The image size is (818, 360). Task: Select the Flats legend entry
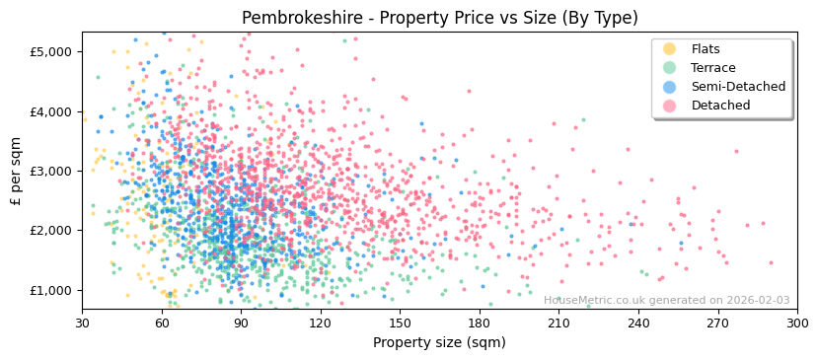click(706, 49)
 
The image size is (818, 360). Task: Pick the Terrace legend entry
click(712, 68)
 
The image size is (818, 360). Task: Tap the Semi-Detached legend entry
click(738, 87)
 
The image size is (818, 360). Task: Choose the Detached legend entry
click(719, 106)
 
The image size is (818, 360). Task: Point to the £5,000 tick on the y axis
click(51, 51)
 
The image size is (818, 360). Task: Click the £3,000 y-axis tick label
click(51, 171)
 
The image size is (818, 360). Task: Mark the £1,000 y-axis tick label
click(51, 290)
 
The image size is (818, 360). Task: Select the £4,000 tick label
click(51, 111)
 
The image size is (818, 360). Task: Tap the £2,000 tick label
click(51, 231)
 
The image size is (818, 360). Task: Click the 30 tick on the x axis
click(82, 323)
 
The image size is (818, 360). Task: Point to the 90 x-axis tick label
click(241, 323)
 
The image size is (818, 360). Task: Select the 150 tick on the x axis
click(400, 323)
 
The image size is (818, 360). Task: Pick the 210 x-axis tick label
click(558, 323)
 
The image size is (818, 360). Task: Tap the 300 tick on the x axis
click(796, 323)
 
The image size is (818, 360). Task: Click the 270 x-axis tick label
click(717, 323)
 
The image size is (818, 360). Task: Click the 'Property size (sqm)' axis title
click(439, 343)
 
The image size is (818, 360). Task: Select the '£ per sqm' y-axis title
click(17, 171)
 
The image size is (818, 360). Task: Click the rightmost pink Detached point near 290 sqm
click(771, 262)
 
